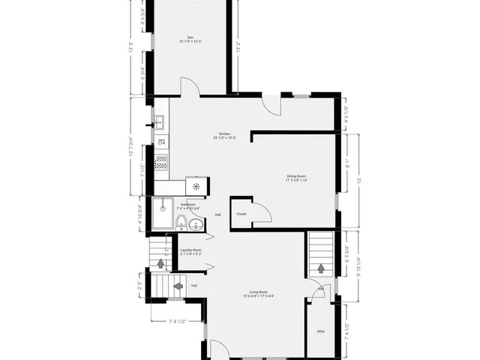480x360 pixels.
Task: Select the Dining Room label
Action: (x=296, y=178)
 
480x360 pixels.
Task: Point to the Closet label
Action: (x=241, y=214)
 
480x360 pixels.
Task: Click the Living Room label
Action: (x=257, y=293)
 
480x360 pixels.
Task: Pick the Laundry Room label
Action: (x=191, y=251)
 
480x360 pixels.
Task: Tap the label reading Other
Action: (x=320, y=331)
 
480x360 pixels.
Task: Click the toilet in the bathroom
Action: (x=181, y=220)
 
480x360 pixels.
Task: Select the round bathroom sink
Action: (x=196, y=224)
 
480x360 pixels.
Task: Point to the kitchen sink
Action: (x=160, y=120)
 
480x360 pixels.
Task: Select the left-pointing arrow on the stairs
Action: (x=178, y=285)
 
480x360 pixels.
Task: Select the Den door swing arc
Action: (x=191, y=88)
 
